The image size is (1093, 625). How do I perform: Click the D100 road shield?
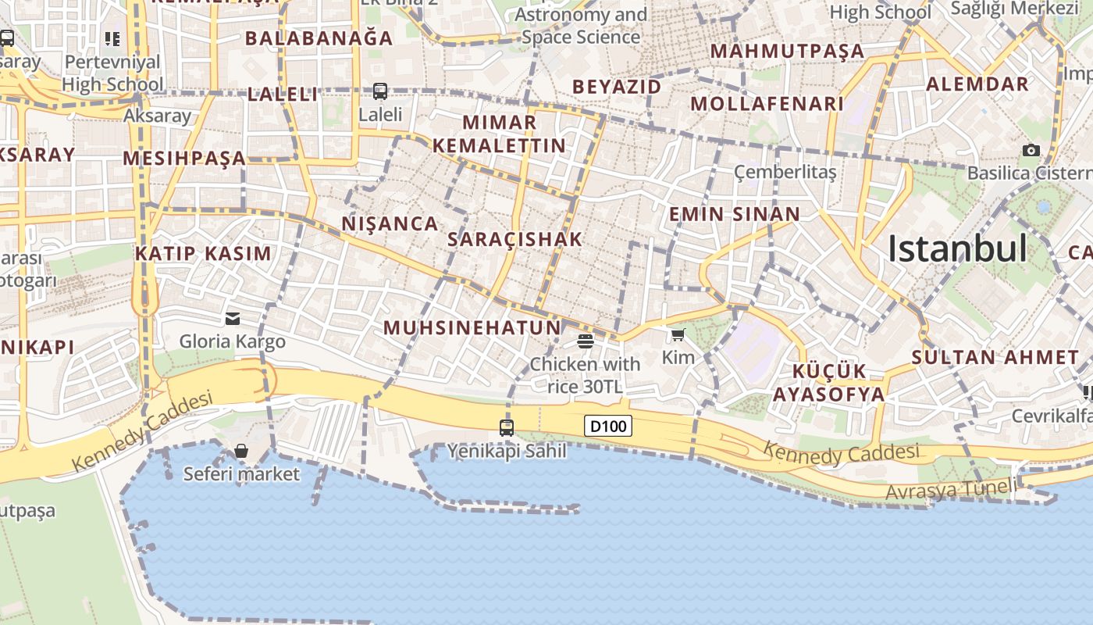pyautogui.click(x=608, y=427)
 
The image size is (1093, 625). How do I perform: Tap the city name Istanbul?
pyautogui.click(x=957, y=249)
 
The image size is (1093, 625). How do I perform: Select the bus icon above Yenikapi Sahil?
pyautogui.click(x=507, y=427)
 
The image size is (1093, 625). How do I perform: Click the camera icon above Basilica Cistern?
pyautogui.click(x=1031, y=150)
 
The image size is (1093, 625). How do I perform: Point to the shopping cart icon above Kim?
pyautogui.click(x=678, y=335)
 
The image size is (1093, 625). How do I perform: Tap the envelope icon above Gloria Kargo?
pyautogui.click(x=233, y=318)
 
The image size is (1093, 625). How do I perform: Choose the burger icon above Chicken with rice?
pyautogui.click(x=585, y=341)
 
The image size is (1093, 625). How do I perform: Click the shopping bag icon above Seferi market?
pyautogui.click(x=241, y=451)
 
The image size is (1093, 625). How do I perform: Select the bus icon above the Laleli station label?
pyautogui.click(x=380, y=91)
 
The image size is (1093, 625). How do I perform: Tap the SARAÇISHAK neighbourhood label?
pyautogui.click(x=515, y=240)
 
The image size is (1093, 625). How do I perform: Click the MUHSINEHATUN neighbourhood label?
pyautogui.click(x=472, y=328)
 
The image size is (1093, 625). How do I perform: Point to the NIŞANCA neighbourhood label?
pyautogui.click(x=390, y=224)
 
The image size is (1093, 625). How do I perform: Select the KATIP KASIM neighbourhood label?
pyautogui.click(x=203, y=254)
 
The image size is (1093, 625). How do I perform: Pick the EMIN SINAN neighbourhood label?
pyautogui.click(x=735, y=214)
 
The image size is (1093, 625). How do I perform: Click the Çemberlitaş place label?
pyautogui.click(x=785, y=172)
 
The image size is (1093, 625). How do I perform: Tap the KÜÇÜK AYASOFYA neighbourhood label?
pyautogui.click(x=829, y=383)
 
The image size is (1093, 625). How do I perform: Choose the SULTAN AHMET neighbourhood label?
pyautogui.click(x=995, y=358)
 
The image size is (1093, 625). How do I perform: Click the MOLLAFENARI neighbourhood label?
pyautogui.click(x=767, y=104)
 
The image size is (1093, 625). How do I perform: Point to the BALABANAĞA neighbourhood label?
pyautogui.click(x=319, y=37)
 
